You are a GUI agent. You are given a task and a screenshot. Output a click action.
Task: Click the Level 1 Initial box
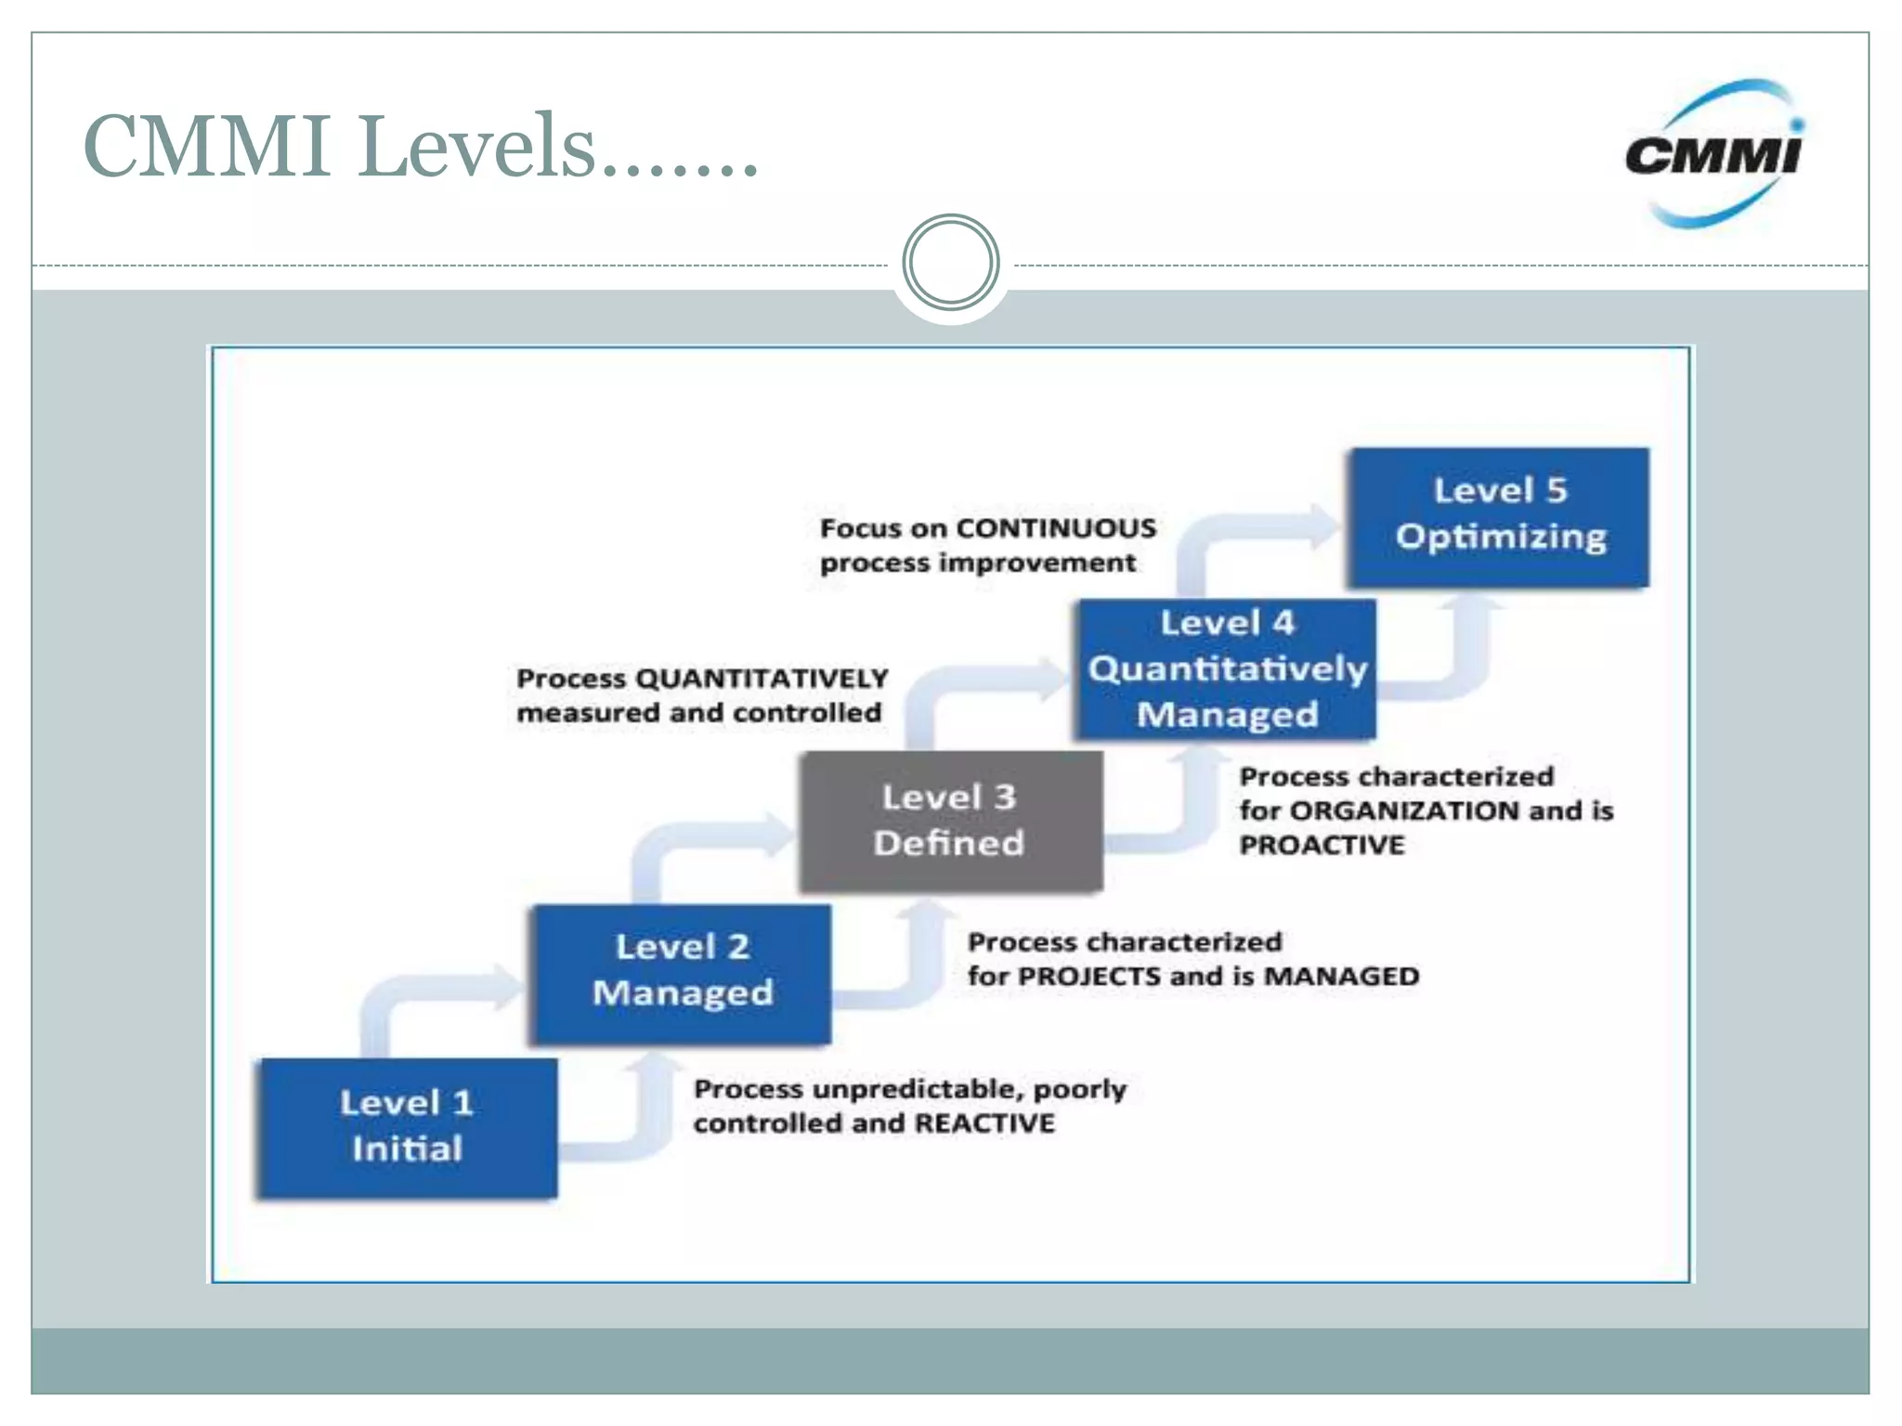[x=408, y=1127]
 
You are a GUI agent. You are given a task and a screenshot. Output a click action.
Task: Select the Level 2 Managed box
[x=682, y=973]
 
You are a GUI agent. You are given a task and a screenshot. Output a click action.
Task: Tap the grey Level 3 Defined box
[x=950, y=821]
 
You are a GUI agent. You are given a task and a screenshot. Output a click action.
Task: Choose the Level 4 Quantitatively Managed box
[x=1226, y=669]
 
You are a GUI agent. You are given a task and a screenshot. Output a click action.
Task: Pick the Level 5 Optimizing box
[x=1499, y=516]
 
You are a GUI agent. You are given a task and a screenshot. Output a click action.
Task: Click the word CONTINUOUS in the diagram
[x=1056, y=528]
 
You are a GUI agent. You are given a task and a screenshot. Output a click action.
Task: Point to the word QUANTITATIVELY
[x=762, y=679]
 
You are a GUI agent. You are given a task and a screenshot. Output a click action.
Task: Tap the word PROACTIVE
[x=1322, y=845]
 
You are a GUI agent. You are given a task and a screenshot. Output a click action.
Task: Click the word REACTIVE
[x=984, y=1123]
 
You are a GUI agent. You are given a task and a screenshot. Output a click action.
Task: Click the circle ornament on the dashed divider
[x=950, y=263]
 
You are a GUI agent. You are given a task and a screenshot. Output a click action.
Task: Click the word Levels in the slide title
[x=475, y=147]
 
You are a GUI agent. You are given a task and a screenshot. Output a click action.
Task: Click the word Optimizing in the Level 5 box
[x=1501, y=537]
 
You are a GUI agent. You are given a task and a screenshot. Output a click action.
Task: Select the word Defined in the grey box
[x=948, y=843]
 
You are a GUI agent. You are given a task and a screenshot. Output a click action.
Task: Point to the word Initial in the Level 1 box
[x=407, y=1149]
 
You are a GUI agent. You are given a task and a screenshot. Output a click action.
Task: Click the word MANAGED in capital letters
[x=1341, y=977]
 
